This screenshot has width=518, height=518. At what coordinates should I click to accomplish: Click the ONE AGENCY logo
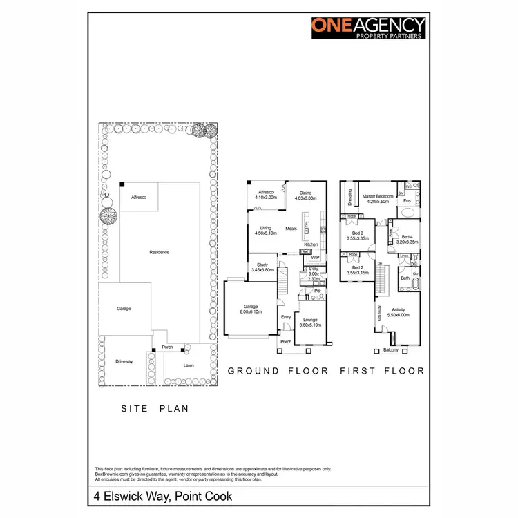click(369, 27)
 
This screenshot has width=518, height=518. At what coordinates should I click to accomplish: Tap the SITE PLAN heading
click(155, 409)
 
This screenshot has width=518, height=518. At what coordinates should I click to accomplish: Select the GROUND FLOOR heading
click(278, 371)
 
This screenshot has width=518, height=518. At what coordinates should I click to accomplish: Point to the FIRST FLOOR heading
click(382, 371)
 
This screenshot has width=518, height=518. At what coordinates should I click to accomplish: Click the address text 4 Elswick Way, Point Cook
click(163, 497)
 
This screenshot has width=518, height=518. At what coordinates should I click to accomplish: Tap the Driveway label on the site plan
click(124, 361)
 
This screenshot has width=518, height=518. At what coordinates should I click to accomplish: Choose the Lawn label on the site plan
click(189, 365)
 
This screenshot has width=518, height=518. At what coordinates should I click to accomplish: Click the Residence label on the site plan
click(160, 252)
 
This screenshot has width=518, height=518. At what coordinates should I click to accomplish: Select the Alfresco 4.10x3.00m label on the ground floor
click(266, 195)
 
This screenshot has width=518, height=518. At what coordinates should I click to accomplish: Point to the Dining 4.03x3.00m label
click(305, 195)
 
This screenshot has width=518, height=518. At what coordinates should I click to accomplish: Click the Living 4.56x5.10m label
click(266, 230)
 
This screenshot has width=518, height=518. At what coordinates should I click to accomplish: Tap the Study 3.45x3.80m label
click(262, 267)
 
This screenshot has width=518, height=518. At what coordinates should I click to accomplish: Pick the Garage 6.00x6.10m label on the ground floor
click(250, 309)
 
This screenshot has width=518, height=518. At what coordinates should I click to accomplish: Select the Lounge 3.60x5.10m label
click(311, 323)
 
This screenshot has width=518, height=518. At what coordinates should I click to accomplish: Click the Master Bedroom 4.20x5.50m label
click(378, 198)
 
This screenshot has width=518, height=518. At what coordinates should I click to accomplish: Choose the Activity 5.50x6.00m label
click(399, 311)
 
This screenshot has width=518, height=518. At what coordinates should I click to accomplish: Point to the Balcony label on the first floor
click(391, 349)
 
